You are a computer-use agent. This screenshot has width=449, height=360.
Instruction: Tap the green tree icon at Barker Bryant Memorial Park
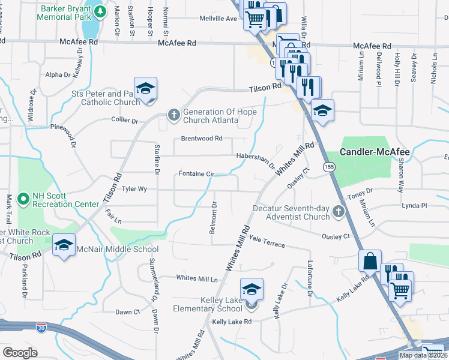(x=101, y=11)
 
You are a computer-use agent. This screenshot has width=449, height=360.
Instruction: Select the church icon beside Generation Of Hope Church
(x=174, y=114)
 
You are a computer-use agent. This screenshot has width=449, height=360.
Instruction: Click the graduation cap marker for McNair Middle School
(x=64, y=245)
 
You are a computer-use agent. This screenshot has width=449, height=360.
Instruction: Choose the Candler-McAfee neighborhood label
(x=375, y=152)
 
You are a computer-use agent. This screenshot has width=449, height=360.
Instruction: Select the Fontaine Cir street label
(x=196, y=175)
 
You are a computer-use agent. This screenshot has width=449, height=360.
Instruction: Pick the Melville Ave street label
(x=218, y=19)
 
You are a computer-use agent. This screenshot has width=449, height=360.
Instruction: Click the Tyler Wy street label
(x=134, y=188)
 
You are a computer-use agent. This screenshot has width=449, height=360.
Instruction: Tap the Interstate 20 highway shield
(x=41, y=328)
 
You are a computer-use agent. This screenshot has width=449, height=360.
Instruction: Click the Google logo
(x=20, y=352)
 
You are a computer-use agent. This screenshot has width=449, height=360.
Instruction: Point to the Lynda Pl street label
(x=415, y=206)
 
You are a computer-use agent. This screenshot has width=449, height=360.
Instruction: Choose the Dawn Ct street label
(x=127, y=312)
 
